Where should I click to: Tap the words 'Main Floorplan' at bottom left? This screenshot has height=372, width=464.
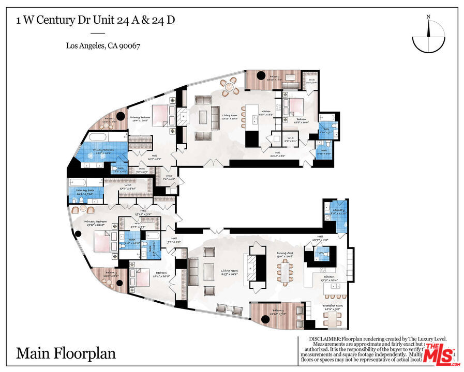pyautogui.click(x=66, y=353)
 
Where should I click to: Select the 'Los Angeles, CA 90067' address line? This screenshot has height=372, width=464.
pyautogui.click(x=103, y=45)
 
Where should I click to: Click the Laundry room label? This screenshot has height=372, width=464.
pyautogui.click(x=338, y=210)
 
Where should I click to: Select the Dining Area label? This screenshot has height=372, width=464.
pyautogui.click(x=286, y=253)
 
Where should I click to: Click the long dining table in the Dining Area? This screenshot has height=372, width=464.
pyautogui.click(x=286, y=270)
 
